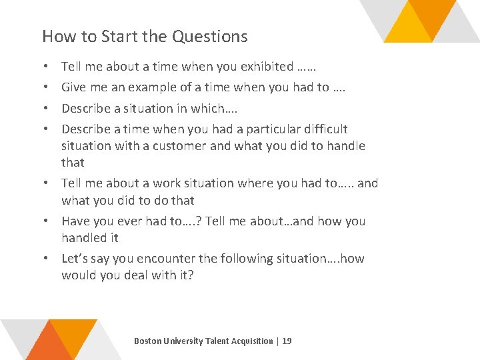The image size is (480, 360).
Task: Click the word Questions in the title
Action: [209, 37]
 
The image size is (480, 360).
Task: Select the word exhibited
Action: [267, 67]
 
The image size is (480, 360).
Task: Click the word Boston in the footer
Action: [147, 341]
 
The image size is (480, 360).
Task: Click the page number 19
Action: [287, 341]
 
